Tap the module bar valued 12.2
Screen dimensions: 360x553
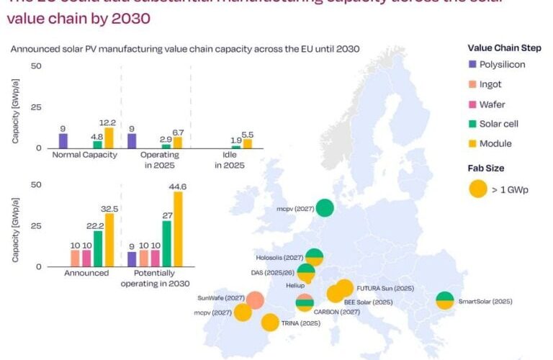click(109, 138)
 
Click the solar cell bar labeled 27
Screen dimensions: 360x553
click(167, 243)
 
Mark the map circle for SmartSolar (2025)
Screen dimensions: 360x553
click(445, 300)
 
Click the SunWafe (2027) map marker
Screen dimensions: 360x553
click(255, 300)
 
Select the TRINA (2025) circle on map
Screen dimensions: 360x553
click(270, 323)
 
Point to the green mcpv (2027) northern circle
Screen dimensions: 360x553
click(325, 208)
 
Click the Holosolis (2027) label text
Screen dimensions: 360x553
click(279, 257)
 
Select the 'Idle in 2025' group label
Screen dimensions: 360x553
click(229, 160)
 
